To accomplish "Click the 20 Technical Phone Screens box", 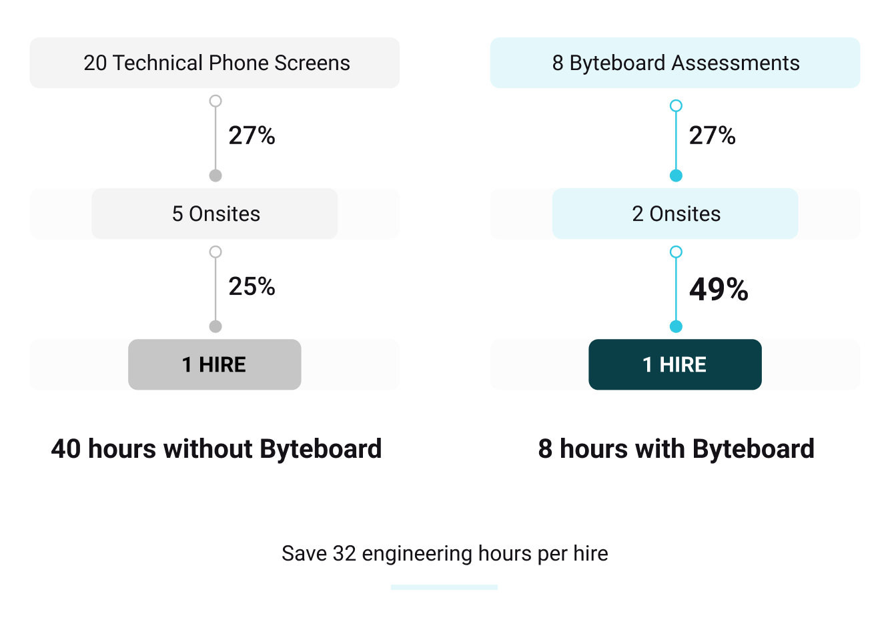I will point(215,63).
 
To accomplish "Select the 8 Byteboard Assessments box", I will point(675,63).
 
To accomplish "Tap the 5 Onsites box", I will point(215,214).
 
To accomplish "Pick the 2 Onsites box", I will point(675,214).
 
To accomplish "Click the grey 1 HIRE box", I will point(215,364).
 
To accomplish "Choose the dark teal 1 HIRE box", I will point(675,364).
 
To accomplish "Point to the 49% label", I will point(719,289).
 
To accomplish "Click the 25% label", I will point(252,286).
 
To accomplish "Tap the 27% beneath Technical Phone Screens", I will point(252,135).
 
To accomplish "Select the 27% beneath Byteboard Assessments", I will point(712,135).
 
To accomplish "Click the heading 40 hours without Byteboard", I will point(216,448).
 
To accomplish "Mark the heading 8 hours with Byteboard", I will point(676,448).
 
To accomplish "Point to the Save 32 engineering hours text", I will point(444,553).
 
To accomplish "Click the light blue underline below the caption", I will point(444,587).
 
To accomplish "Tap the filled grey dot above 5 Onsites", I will point(215,176).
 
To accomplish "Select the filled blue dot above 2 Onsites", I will point(676,176).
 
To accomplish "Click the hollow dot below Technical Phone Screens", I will point(215,101).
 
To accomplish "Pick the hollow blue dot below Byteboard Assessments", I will point(676,105).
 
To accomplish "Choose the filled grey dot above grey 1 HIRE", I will point(215,326).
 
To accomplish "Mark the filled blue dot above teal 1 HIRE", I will point(676,326).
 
